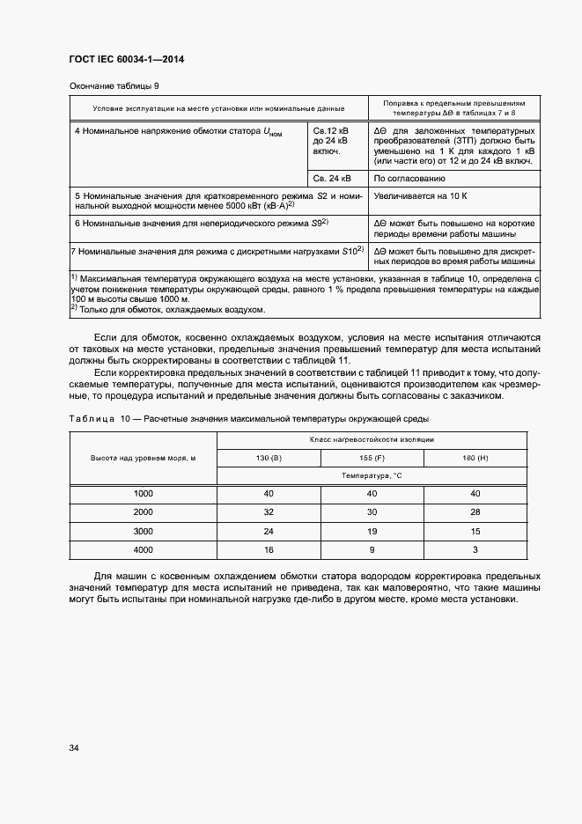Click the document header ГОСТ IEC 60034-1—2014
point(125,60)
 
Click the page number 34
point(74,748)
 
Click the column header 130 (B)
point(269,458)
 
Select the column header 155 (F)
point(372,458)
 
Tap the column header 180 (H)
point(475,458)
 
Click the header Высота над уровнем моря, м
point(143,458)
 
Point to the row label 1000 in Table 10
point(143,493)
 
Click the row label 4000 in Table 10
point(143,549)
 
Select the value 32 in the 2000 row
point(269,511)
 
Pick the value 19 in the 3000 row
point(372,531)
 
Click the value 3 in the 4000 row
point(475,549)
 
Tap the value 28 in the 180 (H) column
point(475,511)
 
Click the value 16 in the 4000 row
point(269,549)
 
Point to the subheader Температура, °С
point(372,475)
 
